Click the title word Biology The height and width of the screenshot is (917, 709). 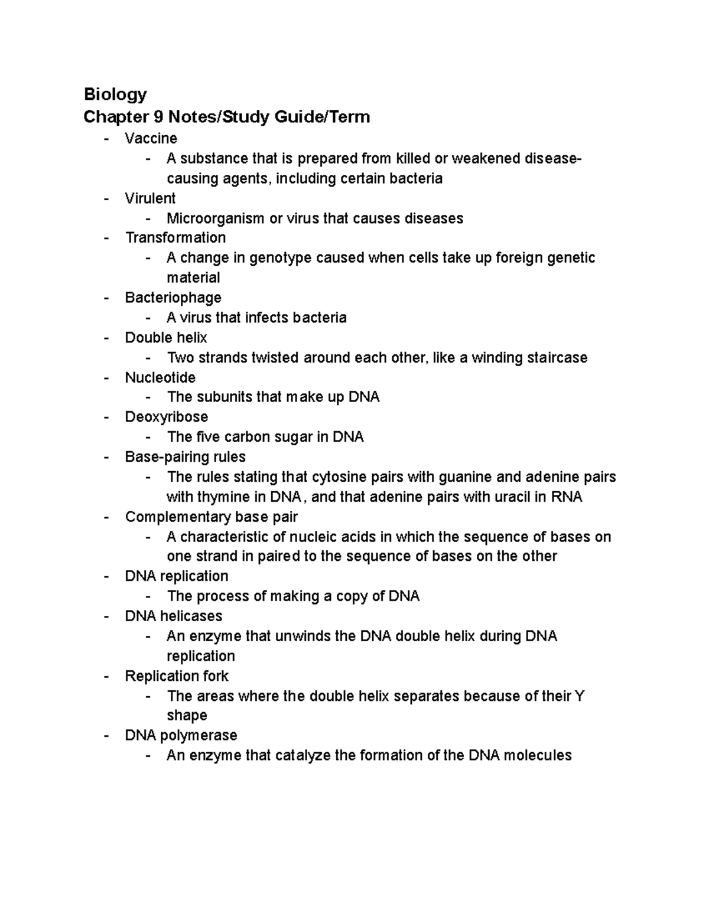pyautogui.click(x=115, y=94)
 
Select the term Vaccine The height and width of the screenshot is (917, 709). pyautogui.click(x=151, y=138)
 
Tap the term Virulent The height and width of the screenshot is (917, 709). pyautogui.click(x=150, y=198)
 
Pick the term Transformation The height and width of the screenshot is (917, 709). pyautogui.click(x=175, y=237)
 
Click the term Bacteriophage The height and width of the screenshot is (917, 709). pyautogui.click(x=173, y=298)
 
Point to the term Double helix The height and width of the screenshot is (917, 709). pyautogui.click(x=166, y=338)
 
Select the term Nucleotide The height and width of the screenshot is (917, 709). pyautogui.click(x=160, y=377)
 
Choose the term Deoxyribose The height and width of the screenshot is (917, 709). pyautogui.click(x=167, y=417)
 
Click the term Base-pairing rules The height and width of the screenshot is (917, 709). pyautogui.click(x=185, y=457)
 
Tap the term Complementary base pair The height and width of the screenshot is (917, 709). pyautogui.click(x=211, y=517)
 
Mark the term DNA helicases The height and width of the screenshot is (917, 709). pyautogui.click(x=173, y=616)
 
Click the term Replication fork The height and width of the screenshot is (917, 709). pyautogui.click(x=177, y=676)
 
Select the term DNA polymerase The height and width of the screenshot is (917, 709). pyautogui.click(x=181, y=736)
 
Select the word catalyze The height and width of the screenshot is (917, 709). pyautogui.click(x=303, y=756)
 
